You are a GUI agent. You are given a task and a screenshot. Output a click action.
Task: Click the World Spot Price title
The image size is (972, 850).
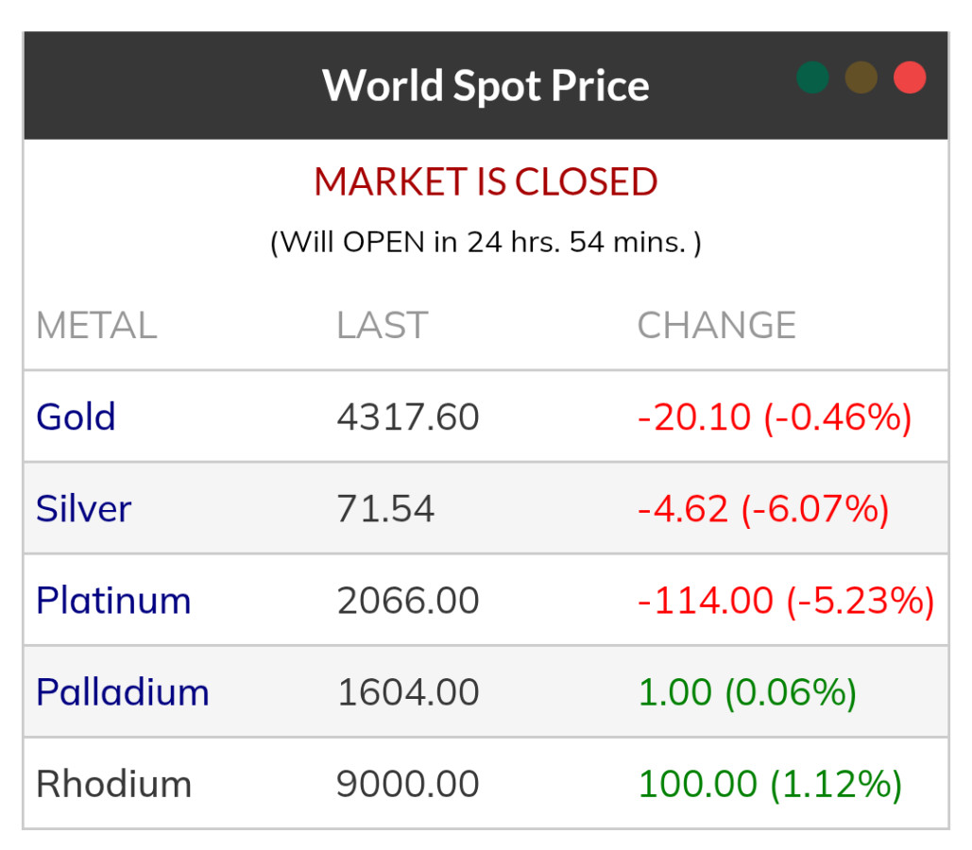[x=486, y=85]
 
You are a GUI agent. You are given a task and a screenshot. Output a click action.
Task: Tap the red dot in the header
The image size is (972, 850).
[x=910, y=77]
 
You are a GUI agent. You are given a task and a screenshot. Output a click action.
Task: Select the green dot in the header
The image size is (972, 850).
[x=812, y=77]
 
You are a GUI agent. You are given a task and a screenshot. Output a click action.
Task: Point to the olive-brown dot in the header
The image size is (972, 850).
[x=861, y=77]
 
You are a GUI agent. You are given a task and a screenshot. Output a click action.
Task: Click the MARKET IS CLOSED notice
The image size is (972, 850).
[x=486, y=182]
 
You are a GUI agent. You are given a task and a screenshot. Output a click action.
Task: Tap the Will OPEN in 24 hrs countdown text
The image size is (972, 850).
[x=486, y=243]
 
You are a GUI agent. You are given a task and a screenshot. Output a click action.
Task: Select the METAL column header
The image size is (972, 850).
[x=96, y=326]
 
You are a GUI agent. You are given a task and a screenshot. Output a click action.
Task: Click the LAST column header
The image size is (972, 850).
[x=382, y=326]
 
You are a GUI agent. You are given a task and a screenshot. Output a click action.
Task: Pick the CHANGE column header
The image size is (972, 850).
[x=716, y=326]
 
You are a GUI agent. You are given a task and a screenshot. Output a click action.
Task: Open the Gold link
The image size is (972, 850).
[x=76, y=416]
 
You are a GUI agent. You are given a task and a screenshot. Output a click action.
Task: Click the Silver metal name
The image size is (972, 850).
[x=83, y=509]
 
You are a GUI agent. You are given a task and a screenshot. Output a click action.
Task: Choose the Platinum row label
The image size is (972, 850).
[x=113, y=601]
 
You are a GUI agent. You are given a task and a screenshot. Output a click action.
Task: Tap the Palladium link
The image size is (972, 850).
[x=122, y=692]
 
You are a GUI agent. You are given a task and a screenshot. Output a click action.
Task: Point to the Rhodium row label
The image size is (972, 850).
[x=113, y=784]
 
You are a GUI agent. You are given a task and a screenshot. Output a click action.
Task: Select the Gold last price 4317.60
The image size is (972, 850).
[x=408, y=416]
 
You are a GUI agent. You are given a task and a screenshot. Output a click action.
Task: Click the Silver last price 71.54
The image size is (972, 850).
[x=385, y=509]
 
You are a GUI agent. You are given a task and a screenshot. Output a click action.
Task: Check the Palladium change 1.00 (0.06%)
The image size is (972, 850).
[x=747, y=692]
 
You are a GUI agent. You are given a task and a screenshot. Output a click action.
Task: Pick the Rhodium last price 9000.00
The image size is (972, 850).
[x=408, y=784]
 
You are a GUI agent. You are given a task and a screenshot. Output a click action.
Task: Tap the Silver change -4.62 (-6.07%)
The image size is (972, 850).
[x=763, y=509]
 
